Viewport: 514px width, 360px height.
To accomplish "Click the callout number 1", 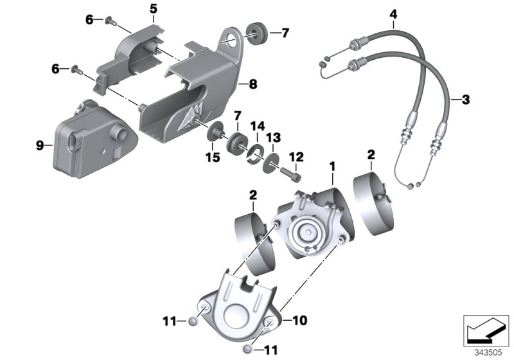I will coord(332,166).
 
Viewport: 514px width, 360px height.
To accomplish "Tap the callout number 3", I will coord(466,100).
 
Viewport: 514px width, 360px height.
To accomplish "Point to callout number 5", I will coord(153,8).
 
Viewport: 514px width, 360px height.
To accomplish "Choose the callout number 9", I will coord(40,146).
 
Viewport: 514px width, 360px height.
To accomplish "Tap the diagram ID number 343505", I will coord(486,352).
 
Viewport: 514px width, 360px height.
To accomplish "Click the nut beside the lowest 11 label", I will coord(248,349).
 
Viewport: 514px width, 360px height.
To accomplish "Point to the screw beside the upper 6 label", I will coord(109,21).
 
